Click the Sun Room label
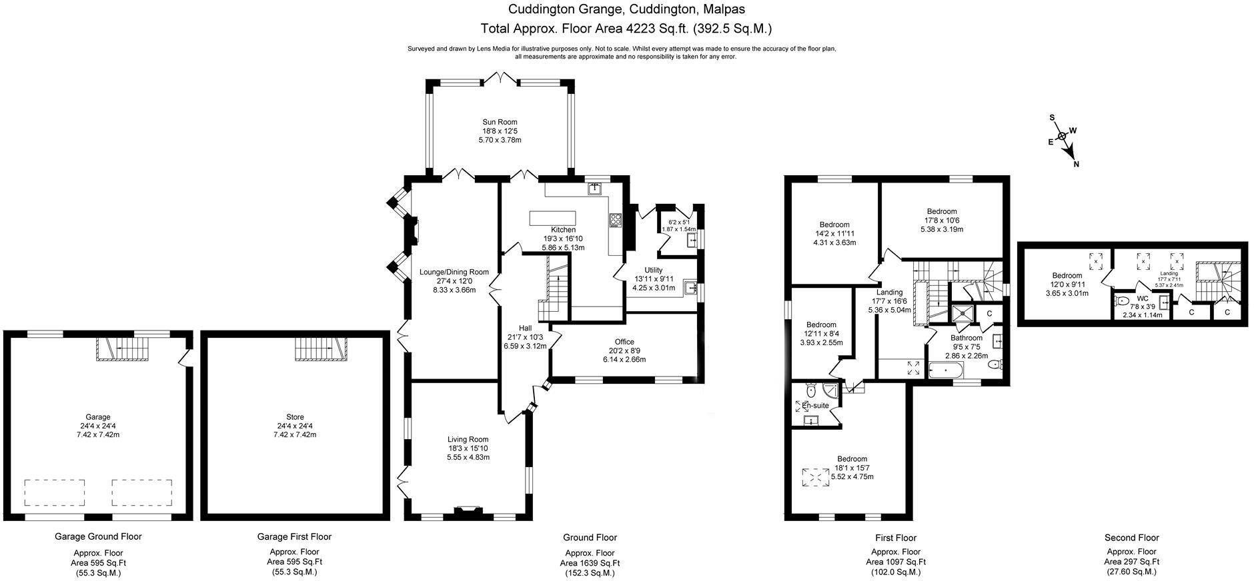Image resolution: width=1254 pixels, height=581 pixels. coord(500,122)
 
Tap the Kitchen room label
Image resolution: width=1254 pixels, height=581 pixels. coord(563,230)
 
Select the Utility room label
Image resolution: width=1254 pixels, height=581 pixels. coord(654,270)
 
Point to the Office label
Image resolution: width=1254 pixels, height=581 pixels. coord(624,342)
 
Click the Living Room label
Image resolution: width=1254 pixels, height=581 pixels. coord(468,440)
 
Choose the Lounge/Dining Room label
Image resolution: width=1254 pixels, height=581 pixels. coord(454,272)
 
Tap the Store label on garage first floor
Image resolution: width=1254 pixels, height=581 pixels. coord(295,417)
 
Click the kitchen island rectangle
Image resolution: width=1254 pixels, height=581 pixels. coord(553,219)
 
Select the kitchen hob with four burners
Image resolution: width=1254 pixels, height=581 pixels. coord(615,221)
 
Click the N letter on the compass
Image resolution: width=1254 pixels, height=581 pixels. coord(1076,165)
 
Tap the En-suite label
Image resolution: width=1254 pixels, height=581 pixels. coord(815,405)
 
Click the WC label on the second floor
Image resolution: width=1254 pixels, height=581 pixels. coord(1143,298)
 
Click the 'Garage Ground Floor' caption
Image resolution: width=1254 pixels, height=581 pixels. coord(98,536)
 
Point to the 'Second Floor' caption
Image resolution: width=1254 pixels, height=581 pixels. coord(1132,538)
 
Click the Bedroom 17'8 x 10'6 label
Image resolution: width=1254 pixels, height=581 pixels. coord(941,212)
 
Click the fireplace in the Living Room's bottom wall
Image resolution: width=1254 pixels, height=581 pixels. coord(467,512)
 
